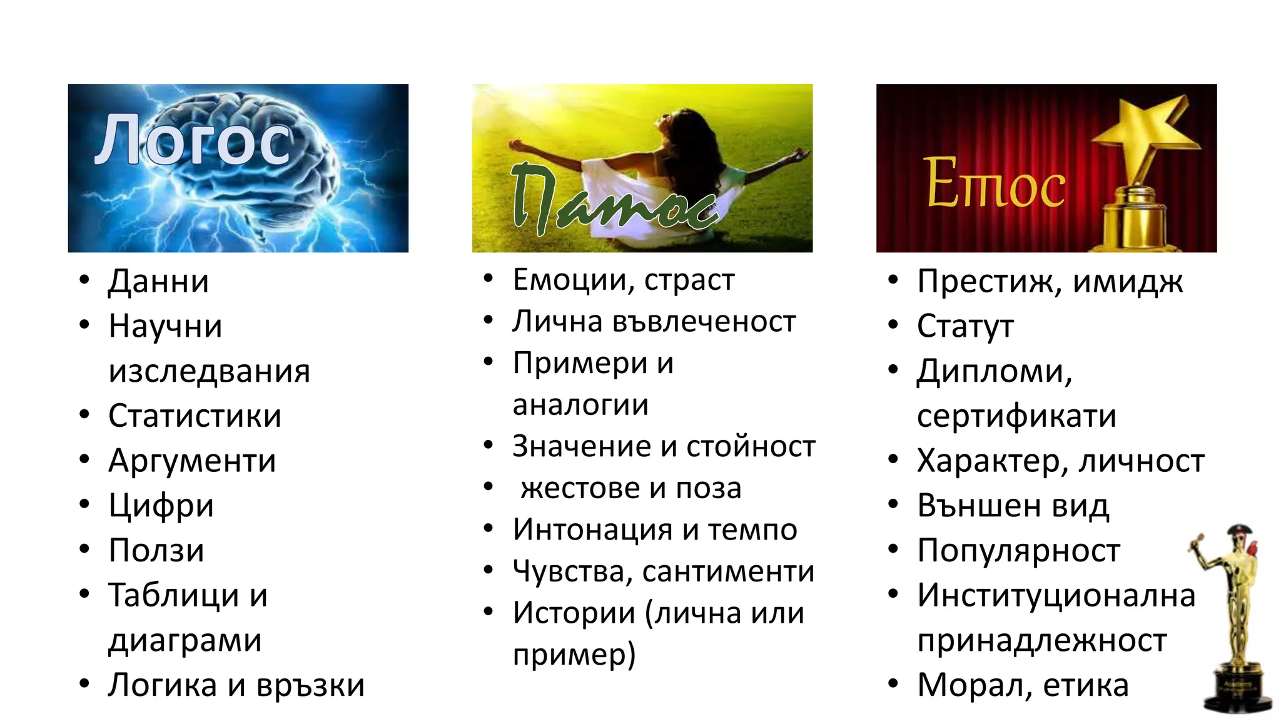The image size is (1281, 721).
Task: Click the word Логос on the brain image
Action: click(193, 141)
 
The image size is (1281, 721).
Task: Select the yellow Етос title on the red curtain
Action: click(995, 183)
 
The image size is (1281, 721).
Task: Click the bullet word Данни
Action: click(158, 282)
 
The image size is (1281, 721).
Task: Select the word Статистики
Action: click(195, 416)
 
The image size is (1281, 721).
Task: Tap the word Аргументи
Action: click(192, 461)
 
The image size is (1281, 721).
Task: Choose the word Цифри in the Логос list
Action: click(161, 506)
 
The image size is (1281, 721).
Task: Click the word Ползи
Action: click(156, 551)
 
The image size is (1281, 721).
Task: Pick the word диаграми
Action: click(185, 640)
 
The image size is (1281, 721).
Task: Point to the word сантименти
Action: click(728, 571)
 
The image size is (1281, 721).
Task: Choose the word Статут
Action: click(965, 327)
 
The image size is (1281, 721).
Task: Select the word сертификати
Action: click(1016, 416)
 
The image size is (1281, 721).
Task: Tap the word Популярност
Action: click(1018, 551)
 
